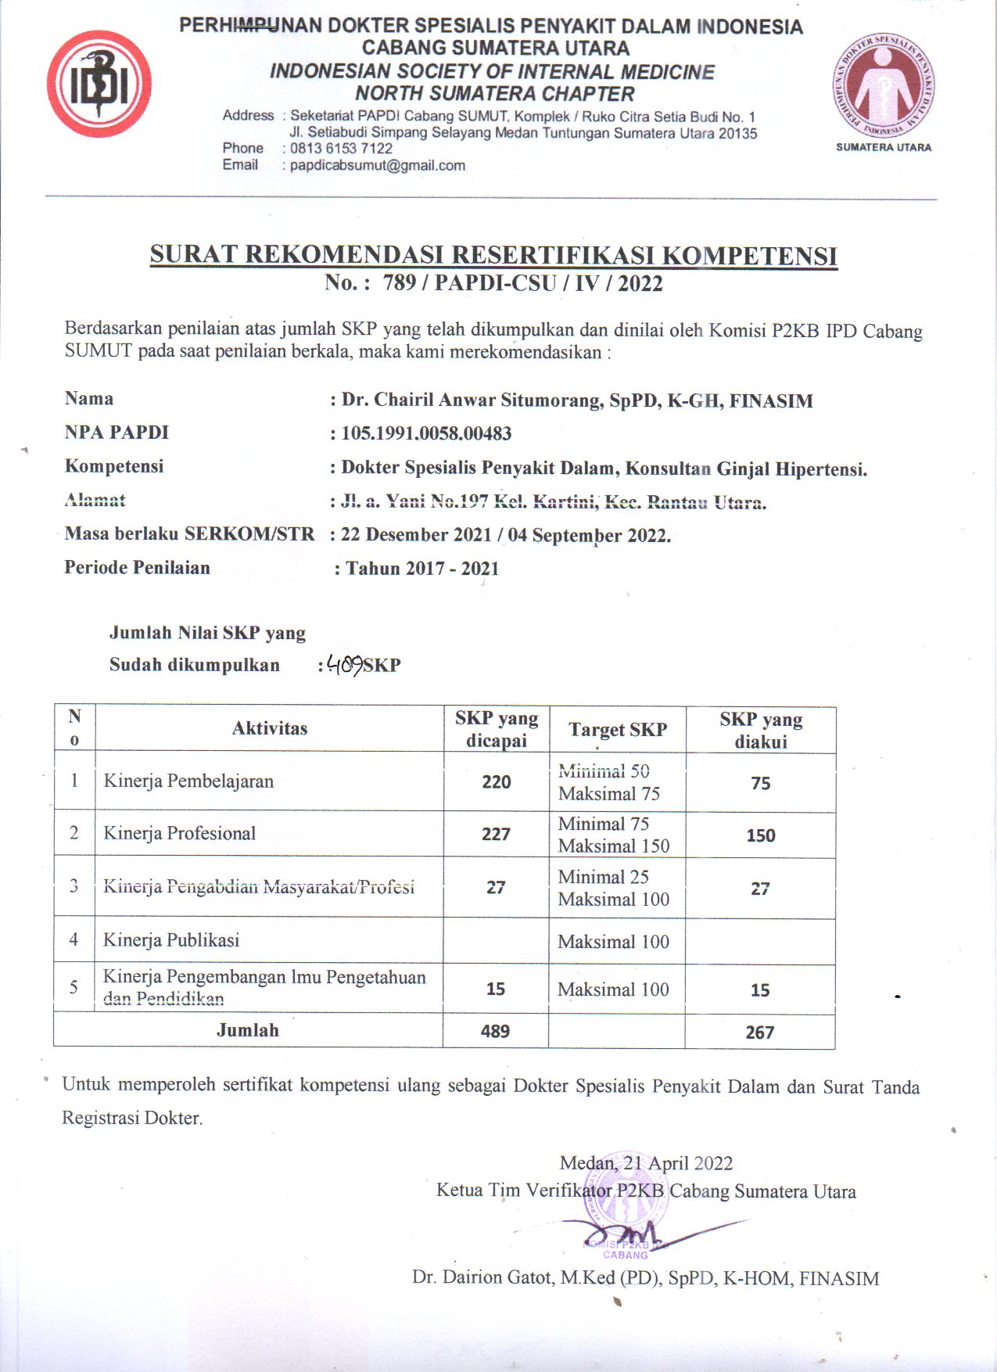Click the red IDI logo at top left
tap(99, 84)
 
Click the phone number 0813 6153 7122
tap(341, 149)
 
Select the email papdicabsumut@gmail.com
tap(377, 166)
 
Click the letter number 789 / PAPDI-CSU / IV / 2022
tap(522, 283)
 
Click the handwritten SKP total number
tap(344, 665)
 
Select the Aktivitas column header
tap(270, 728)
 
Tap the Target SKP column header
tap(618, 730)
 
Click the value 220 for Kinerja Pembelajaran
tap(497, 781)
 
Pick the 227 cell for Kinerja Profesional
tap(497, 834)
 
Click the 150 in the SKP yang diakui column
tap(760, 835)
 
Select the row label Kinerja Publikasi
tap(171, 939)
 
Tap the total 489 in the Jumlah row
tap(495, 1031)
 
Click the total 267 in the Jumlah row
tap(759, 1033)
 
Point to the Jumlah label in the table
tap(248, 1030)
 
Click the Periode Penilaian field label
tap(137, 568)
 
